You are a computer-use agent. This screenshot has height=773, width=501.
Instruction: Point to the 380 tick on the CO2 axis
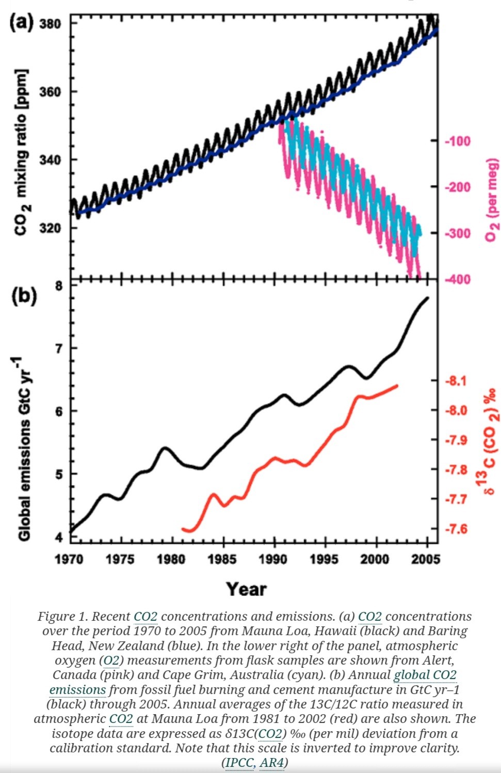[x=50, y=24]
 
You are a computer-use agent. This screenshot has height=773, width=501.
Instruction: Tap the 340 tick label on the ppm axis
[x=50, y=160]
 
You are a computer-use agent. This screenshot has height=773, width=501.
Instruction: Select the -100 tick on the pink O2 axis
[x=458, y=141]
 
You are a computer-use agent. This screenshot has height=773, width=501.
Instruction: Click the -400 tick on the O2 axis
[x=458, y=279]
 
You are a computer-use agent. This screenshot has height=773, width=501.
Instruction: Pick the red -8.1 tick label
[x=456, y=381]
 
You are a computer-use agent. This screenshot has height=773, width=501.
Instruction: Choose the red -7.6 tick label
[x=456, y=529]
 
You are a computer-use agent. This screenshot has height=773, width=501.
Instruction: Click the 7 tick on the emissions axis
[x=59, y=349]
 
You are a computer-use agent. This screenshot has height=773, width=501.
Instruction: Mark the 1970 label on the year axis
[x=69, y=559]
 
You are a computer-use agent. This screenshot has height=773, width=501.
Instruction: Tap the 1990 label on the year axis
[x=273, y=559]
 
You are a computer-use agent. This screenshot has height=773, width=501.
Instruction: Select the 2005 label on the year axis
[x=426, y=559]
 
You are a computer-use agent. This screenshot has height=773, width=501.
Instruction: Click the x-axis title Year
[x=247, y=589]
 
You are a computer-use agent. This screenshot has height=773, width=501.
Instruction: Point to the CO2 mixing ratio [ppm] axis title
[x=21, y=152]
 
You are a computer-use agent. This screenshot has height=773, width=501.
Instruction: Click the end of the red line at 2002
[x=397, y=385]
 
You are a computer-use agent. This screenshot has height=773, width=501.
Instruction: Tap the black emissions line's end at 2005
[x=427, y=297]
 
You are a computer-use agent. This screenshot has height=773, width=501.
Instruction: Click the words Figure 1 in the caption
[x=57, y=617]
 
